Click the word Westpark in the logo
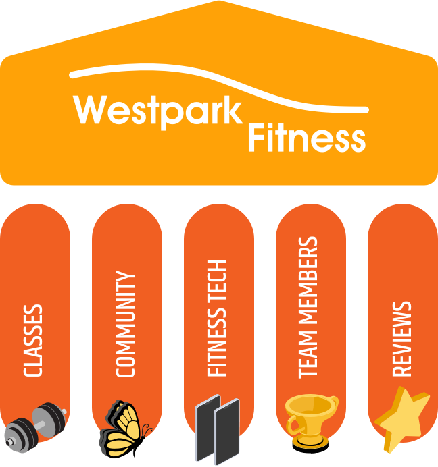[x=158, y=111]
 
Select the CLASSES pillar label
[x=33, y=340]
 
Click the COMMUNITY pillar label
[x=125, y=324]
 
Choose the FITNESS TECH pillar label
[x=216, y=318]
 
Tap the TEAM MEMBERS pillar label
[x=308, y=307]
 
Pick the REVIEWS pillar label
[x=401, y=339]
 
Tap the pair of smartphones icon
[x=217, y=429]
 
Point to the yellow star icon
[x=401, y=418]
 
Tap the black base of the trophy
[x=310, y=446]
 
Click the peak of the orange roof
[x=219, y=1]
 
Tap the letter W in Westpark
[x=90, y=109]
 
